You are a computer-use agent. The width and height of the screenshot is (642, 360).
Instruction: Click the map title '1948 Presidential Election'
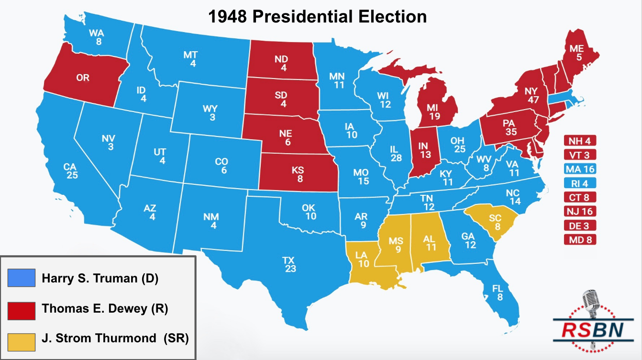[x=317, y=17]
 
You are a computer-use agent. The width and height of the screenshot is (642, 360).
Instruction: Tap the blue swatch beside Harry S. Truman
[x=22, y=278]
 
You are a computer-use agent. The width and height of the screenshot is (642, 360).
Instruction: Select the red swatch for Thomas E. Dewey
[x=22, y=309]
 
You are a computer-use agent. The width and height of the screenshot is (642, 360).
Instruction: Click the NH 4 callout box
[x=580, y=141]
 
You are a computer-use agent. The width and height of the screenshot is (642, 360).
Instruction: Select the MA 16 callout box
[x=580, y=169]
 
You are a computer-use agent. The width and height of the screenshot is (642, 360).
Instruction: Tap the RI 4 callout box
[x=580, y=183]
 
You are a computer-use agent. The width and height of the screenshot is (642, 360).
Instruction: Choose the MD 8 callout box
[x=580, y=239]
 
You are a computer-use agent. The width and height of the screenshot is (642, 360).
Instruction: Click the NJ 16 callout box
[x=580, y=211]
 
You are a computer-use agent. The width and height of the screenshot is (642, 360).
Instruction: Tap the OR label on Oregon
[x=83, y=78]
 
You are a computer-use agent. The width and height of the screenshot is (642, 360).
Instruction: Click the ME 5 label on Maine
[x=576, y=53]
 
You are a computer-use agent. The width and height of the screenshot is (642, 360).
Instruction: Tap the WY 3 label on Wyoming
[x=210, y=113]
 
